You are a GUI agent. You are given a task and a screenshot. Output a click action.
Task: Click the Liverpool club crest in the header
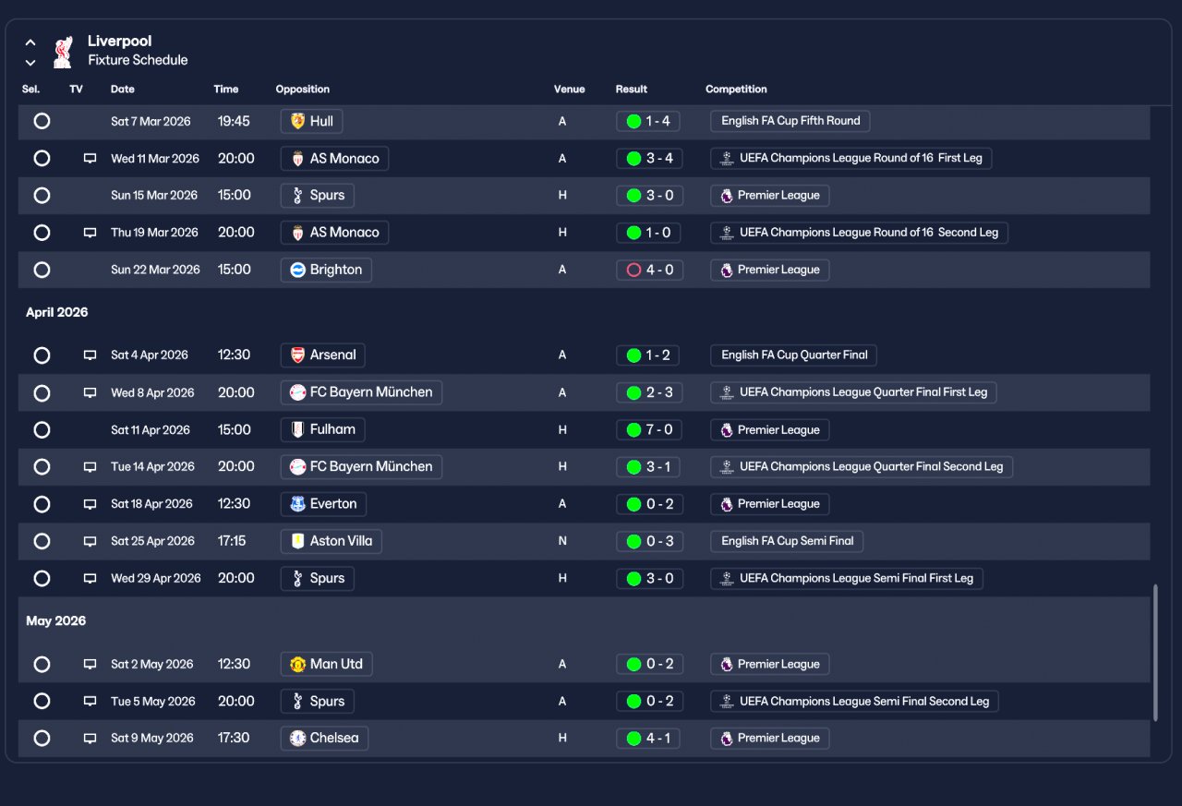[63, 52]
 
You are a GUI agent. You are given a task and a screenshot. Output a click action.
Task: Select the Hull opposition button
[311, 121]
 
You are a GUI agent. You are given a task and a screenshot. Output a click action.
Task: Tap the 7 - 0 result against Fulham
[648, 430]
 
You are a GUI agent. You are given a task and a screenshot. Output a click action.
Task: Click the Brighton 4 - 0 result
[649, 271]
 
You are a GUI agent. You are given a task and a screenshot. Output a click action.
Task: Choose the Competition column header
[736, 90]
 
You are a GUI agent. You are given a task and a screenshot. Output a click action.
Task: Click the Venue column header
[569, 90]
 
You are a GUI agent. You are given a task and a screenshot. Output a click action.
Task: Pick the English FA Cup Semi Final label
[787, 541]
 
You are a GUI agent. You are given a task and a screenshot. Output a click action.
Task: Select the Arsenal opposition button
[322, 355]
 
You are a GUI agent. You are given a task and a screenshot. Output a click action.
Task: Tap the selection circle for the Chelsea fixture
[42, 738]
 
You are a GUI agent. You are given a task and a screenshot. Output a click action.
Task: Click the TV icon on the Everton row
[90, 504]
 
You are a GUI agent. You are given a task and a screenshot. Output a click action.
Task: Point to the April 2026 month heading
[57, 312]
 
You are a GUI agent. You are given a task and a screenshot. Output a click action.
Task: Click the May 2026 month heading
[56, 620]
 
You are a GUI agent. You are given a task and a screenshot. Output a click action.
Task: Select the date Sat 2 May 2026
[152, 664]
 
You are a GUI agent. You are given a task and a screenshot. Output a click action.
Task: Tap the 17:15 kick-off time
[232, 541]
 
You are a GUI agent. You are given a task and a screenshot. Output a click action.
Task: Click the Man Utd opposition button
[326, 664]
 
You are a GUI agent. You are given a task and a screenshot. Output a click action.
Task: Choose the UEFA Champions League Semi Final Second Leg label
[854, 702]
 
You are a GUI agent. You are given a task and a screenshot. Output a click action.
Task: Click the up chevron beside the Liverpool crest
[30, 42]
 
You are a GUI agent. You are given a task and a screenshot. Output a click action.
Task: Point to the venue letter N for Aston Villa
[562, 541]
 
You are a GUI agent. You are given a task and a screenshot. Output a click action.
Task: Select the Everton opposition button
[323, 504]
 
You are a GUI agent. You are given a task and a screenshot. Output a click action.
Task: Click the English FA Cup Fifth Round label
[790, 121]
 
